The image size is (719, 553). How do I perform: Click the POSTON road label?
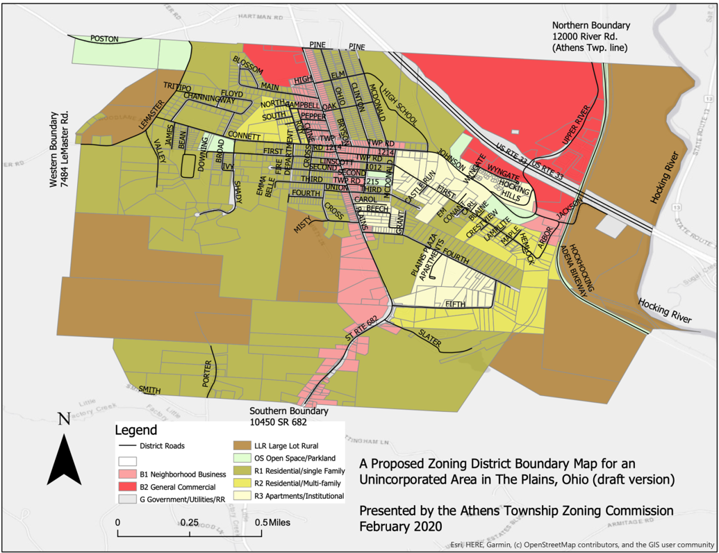coord(104,39)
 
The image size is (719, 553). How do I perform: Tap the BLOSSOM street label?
coord(248,65)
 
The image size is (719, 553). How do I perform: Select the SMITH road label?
coord(149,390)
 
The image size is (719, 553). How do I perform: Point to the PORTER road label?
coord(206,373)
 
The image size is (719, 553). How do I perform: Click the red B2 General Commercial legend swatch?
coord(127,487)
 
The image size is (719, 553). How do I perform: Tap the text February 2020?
coord(400,525)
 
